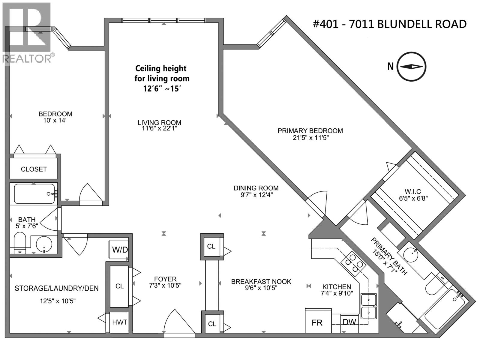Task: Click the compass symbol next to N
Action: [412, 67]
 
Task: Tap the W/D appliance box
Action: [120, 250]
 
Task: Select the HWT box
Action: [119, 322]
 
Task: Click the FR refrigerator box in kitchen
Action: [317, 322]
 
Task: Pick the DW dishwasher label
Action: [349, 322]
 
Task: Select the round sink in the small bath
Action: [44, 244]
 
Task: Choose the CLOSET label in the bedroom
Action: [34, 169]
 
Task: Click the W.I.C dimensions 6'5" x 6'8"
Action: [413, 198]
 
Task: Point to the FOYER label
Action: [165, 279]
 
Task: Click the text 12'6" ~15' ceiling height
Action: [162, 89]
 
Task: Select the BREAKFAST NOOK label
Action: [261, 281]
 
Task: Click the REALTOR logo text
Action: [27, 58]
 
